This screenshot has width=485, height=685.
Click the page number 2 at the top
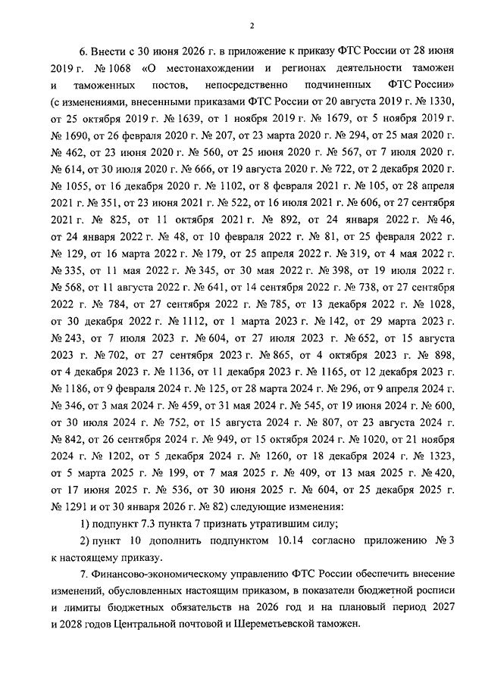[250, 25]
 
